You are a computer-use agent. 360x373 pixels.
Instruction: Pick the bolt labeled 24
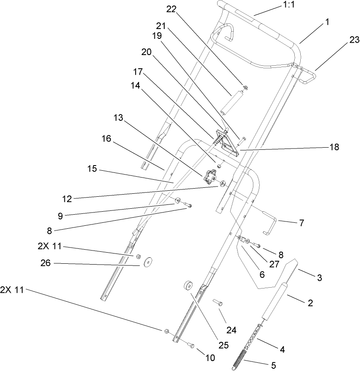[218, 303]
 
